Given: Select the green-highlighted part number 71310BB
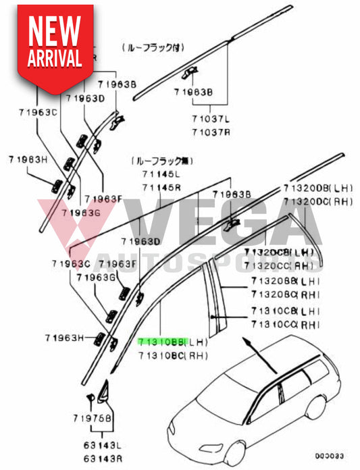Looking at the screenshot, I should click(x=159, y=342).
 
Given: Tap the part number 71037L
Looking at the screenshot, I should click(x=211, y=119).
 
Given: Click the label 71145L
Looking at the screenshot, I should click(x=161, y=175).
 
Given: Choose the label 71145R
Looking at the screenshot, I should click(x=161, y=186).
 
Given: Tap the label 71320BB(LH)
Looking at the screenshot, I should click(x=282, y=280).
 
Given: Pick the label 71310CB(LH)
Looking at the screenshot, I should click(x=282, y=311).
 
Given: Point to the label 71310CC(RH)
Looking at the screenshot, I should click(x=282, y=323).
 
